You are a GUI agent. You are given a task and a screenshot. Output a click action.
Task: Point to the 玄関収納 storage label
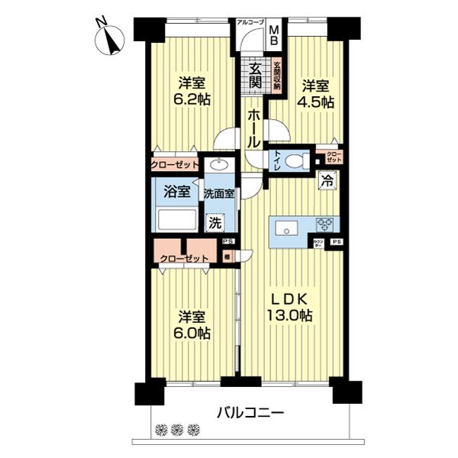[277, 76]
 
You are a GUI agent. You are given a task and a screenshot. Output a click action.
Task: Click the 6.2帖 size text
[192, 98]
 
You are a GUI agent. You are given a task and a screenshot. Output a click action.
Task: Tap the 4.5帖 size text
[315, 102]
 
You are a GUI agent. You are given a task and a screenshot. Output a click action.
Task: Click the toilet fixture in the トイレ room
[301, 160]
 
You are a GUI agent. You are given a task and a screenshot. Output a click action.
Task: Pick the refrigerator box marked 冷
[327, 182]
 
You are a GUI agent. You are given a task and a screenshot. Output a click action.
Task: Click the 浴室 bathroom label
[177, 191]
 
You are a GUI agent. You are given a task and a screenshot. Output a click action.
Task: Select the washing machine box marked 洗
[218, 223]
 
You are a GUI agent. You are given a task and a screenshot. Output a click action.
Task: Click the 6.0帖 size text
[194, 334]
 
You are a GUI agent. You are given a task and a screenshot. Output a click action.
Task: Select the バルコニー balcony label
[250, 413]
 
